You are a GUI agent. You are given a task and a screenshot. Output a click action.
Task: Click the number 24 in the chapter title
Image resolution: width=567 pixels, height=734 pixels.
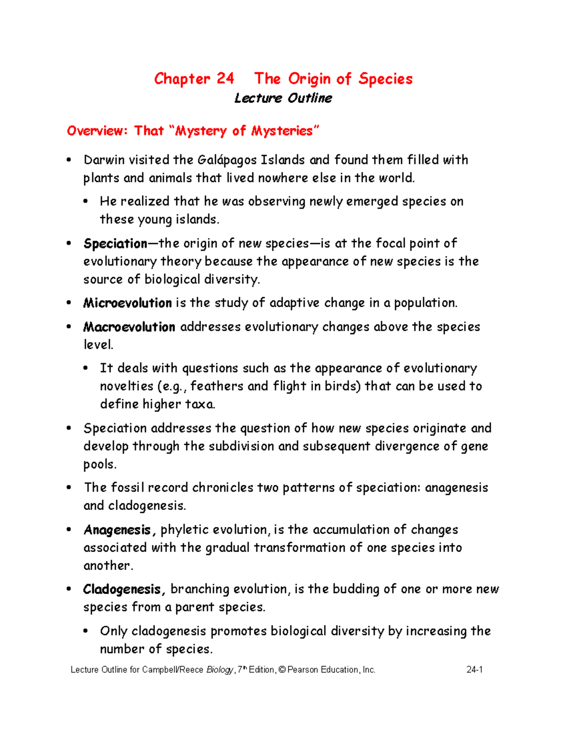pos(225,78)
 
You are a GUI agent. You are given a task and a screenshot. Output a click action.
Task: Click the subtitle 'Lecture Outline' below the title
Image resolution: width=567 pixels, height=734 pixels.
pos(283,98)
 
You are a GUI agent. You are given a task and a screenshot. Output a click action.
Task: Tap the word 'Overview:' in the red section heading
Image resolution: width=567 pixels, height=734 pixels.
pos(97,130)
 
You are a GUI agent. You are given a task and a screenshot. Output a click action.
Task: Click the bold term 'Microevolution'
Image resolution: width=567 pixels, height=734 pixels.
pos(127,303)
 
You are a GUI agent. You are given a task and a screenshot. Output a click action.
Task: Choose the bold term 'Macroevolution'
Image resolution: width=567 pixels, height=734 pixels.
pos(129,327)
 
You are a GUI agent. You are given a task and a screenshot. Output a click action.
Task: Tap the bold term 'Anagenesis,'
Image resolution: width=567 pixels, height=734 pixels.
pos(120,530)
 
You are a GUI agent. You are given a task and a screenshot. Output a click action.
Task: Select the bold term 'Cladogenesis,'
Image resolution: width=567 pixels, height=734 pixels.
pos(124,589)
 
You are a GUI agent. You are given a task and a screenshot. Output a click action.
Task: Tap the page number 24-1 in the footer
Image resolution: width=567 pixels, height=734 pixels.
pos(474,670)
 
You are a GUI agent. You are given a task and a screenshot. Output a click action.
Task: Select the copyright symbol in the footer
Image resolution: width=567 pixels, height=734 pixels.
pos(282,670)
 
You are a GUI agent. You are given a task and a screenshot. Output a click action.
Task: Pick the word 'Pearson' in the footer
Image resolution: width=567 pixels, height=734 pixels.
pos(302,670)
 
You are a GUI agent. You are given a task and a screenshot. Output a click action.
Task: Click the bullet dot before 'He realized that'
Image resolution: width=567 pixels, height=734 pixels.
pos(86,202)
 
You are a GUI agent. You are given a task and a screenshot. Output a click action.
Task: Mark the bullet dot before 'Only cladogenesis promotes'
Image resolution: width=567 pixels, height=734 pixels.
pos(86,631)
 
